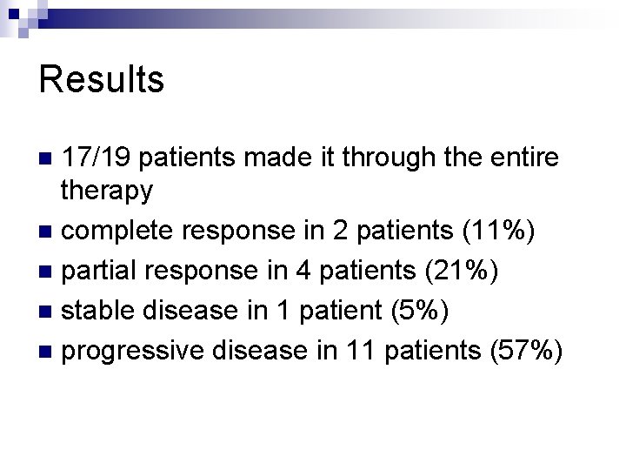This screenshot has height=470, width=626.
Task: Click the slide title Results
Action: click(102, 79)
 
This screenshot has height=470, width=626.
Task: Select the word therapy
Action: click(108, 190)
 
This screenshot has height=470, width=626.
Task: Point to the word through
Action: click(383, 158)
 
